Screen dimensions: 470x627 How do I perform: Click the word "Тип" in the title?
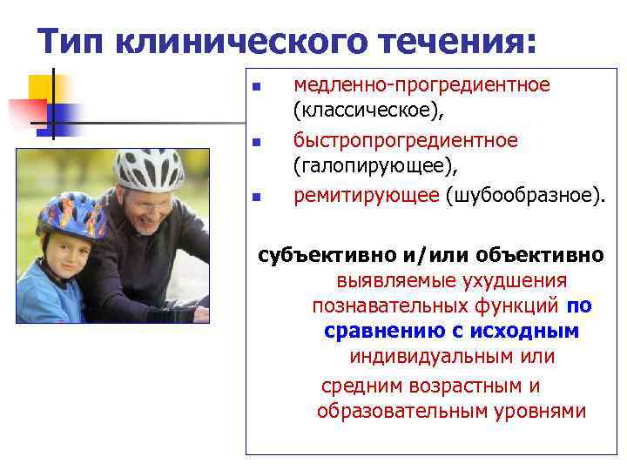point(73,40)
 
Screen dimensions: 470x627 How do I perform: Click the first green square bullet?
point(256,87)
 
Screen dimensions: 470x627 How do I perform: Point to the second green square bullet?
point(256,142)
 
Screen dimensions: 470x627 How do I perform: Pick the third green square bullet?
point(256,197)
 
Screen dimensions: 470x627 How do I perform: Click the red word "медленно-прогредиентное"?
point(421,85)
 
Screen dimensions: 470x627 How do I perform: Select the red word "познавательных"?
point(388,306)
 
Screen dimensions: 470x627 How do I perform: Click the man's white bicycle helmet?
point(149,168)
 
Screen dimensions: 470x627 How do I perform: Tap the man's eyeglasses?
point(147,205)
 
